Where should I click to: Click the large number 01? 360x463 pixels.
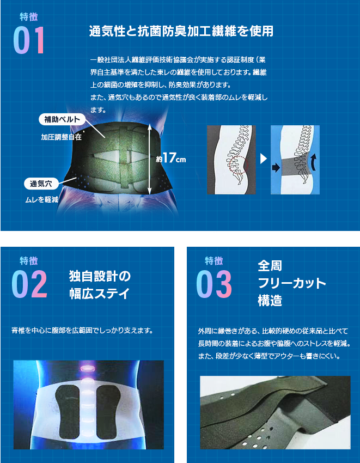point(29,40)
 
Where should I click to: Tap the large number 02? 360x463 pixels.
point(29,284)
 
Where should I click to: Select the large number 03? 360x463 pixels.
point(214,284)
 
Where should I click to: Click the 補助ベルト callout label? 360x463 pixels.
point(62,120)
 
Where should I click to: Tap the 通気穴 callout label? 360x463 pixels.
point(41,184)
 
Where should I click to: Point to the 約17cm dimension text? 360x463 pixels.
point(171,159)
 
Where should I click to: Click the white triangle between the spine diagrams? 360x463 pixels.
point(264,160)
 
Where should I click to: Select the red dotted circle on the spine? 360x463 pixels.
point(239,165)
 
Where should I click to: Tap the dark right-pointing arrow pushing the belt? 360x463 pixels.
point(276,168)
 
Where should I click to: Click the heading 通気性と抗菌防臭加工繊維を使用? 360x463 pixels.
point(181,31)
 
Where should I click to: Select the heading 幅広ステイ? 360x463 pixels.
point(100,294)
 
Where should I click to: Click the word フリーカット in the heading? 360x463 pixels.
point(292,283)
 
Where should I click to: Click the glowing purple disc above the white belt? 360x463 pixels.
point(86,368)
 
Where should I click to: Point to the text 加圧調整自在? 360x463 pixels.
point(61,137)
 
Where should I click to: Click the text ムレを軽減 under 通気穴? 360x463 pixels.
point(41,200)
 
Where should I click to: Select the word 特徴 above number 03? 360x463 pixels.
point(214,261)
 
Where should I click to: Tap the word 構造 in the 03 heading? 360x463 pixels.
point(270,301)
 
